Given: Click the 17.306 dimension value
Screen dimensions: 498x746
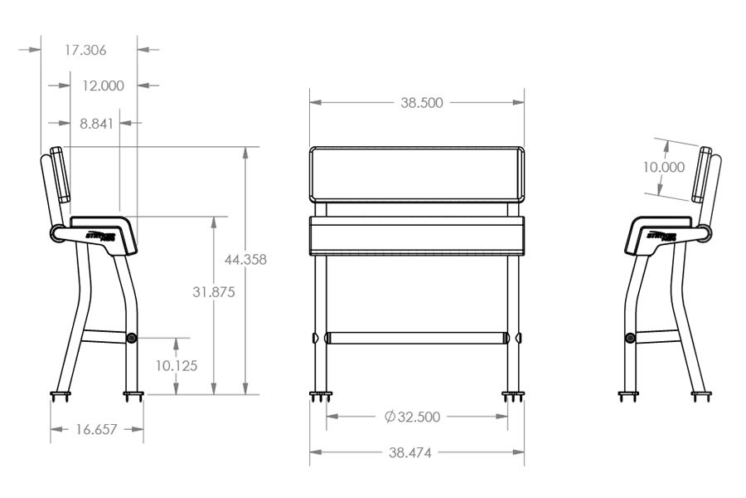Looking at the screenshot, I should click(85, 50).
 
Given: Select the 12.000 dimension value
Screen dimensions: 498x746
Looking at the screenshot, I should click(103, 85).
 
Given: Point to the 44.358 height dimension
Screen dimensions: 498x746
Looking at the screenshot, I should click(245, 260).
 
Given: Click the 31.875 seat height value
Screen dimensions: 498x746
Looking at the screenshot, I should click(214, 292).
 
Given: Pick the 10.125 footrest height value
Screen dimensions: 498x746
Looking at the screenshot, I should click(177, 365).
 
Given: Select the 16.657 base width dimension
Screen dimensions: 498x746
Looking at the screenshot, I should click(96, 429).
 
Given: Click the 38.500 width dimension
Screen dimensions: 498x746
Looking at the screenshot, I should click(422, 103).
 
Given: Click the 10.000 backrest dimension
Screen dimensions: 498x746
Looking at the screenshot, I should click(663, 167).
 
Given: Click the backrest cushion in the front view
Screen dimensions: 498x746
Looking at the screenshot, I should click(417, 174).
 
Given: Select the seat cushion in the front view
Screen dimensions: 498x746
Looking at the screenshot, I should click(417, 236).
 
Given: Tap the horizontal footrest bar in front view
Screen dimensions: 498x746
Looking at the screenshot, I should click(417, 339).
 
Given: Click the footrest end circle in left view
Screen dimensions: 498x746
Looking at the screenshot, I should click(132, 339).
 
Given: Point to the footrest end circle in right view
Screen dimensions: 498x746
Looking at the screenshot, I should click(630, 339).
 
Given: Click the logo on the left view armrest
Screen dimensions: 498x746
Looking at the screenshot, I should click(104, 235).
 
